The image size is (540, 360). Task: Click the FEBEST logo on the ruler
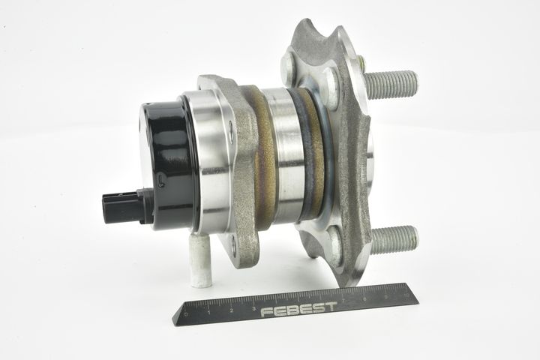coord(298,309)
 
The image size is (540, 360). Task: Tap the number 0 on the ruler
coord(186,314)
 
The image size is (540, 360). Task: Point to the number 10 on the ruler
coord(406,295)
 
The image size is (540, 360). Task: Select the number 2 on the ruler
coord(232,310)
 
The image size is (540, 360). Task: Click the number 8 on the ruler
coord(364,298)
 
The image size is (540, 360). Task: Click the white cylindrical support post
coord(198,262)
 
